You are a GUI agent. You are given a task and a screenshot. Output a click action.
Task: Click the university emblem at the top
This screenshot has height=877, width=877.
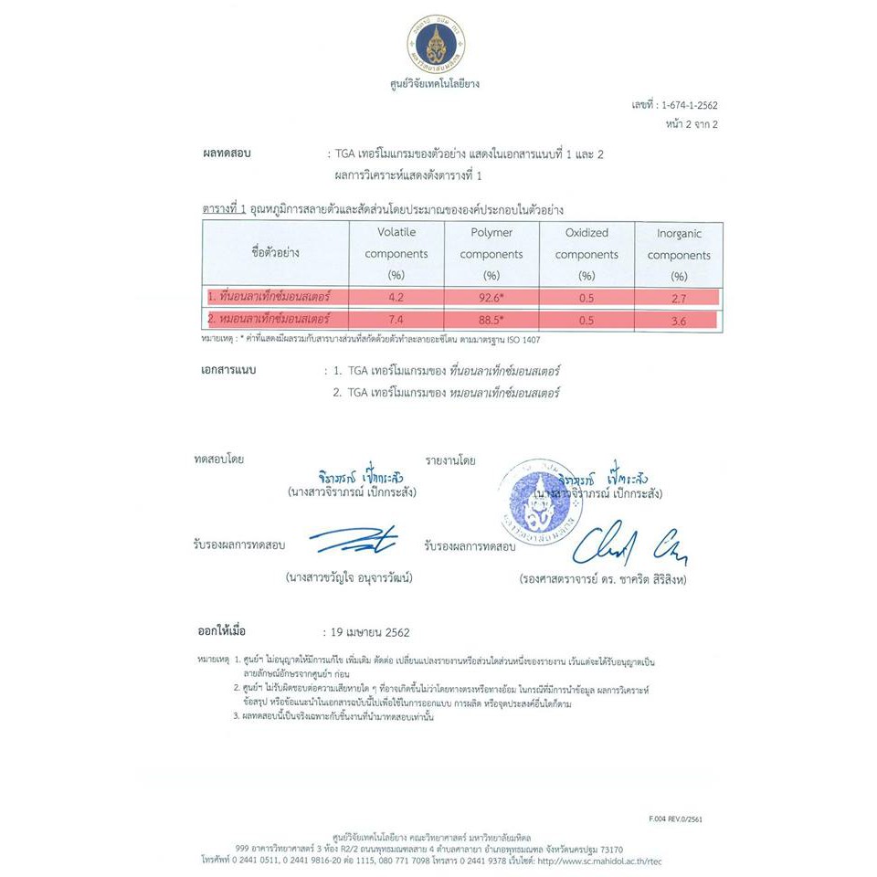(x=436, y=43)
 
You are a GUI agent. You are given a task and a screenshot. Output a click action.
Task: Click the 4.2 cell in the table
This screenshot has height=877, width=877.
(x=396, y=297)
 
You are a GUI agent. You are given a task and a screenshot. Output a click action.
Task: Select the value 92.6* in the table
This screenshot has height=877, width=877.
(x=491, y=297)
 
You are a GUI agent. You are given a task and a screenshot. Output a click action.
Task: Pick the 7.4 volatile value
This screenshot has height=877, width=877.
(x=396, y=320)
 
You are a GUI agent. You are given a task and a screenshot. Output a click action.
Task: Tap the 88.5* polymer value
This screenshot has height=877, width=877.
(x=491, y=320)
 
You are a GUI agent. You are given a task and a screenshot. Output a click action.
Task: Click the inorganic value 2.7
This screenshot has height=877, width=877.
(x=679, y=297)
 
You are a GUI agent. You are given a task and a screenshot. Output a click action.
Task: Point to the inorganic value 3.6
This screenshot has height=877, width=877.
(x=679, y=320)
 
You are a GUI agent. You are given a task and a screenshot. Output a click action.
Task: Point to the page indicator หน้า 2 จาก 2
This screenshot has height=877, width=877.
(x=692, y=124)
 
